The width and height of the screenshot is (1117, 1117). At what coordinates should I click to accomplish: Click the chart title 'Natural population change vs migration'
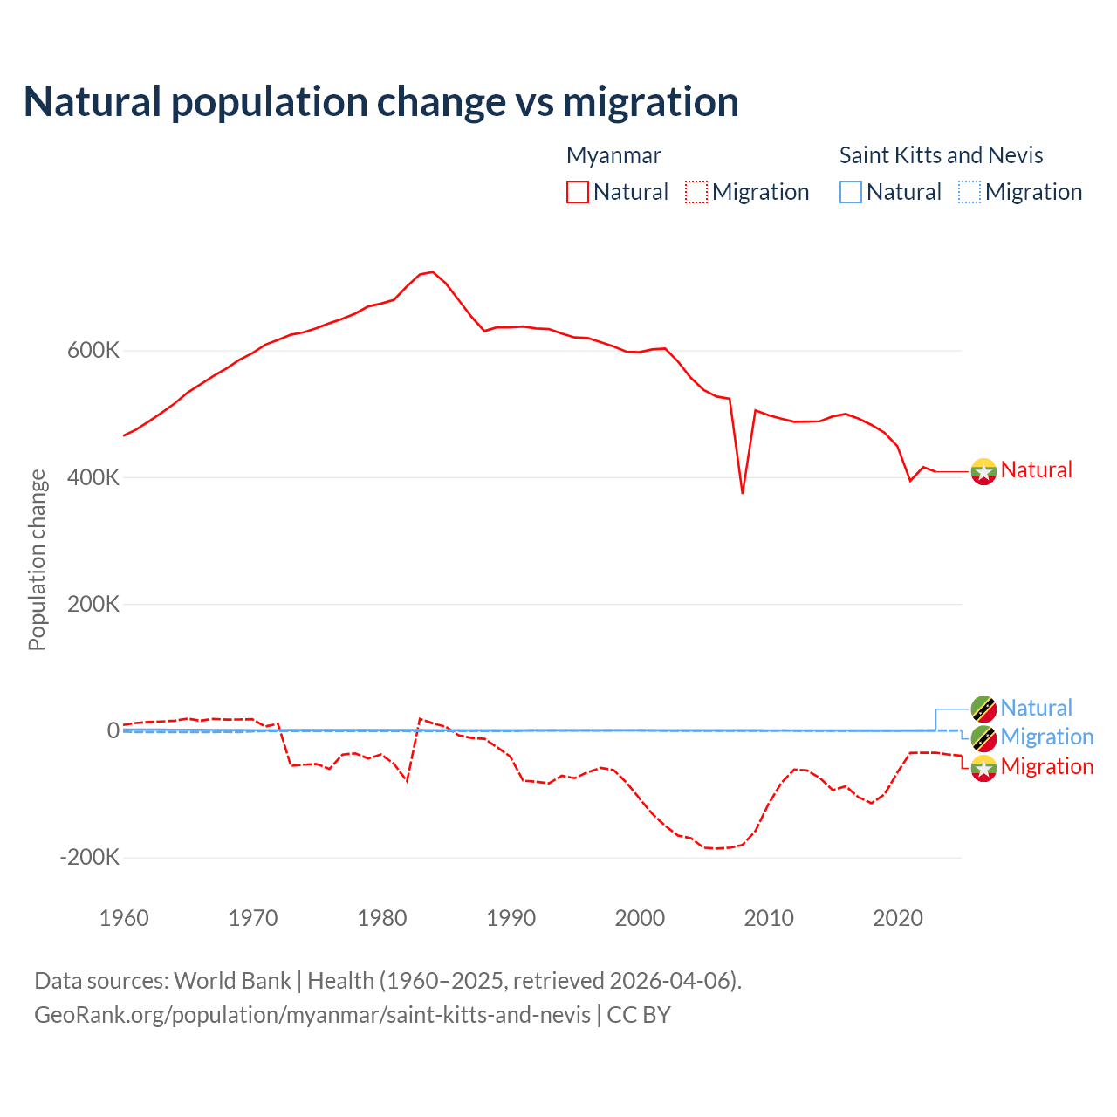[x=381, y=102]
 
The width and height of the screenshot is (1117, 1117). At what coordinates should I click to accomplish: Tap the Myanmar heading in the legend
[x=613, y=155]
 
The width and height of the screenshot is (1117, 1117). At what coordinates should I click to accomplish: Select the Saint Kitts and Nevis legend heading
[x=941, y=155]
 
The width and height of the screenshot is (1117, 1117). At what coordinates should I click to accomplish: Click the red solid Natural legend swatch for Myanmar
[x=578, y=192]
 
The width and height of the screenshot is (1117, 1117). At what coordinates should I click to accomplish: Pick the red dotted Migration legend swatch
[x=696, y=192]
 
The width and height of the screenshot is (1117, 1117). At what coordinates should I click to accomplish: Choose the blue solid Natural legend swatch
[x=851, y=192]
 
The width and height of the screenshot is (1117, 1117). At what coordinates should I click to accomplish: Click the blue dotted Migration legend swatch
[x=970, y=192]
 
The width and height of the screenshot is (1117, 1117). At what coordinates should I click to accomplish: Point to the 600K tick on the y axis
[x=93, y=351]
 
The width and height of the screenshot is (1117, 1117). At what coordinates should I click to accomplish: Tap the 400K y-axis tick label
[x=93, y=477]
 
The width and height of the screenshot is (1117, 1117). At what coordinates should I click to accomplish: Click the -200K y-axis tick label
[x=89, y=857]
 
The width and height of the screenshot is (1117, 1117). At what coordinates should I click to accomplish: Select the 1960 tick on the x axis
[x=124, y=918]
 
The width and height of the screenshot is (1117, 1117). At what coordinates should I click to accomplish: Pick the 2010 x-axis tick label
[x=769, y=918]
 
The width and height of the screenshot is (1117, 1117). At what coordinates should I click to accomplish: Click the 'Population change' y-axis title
[x=37, y=559]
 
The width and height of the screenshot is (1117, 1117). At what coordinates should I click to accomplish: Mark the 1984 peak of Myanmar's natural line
[x=433, y=272]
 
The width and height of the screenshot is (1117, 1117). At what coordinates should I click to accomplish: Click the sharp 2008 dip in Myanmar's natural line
[x=743, y=493]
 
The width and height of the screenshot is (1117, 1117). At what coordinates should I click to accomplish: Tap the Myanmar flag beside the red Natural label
[x=983, y=471]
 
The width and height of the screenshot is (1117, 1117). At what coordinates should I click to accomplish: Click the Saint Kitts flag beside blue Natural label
[x=983, y=709]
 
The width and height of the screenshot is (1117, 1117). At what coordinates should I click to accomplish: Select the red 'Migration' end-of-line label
[x=1046, y=766]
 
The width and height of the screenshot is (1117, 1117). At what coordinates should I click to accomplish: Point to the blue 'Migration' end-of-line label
[x=1046, y=737]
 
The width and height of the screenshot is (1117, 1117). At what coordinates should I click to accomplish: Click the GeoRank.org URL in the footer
[x=312, y=1015]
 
